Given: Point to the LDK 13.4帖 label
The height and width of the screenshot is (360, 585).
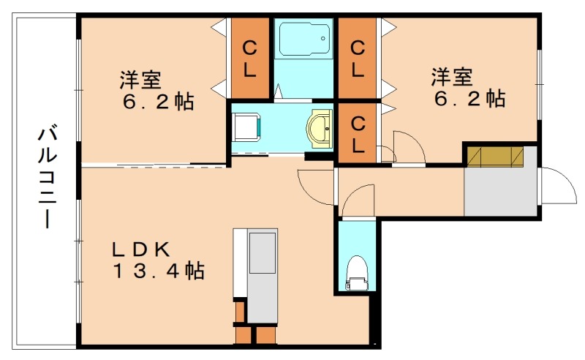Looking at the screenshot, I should pos(157,260).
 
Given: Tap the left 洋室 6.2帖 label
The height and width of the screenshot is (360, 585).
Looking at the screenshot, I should pos(157,90).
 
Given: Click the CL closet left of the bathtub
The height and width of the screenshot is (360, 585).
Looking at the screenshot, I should pos(249,59).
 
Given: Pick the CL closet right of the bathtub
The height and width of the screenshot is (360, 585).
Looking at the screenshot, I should pos(357,59).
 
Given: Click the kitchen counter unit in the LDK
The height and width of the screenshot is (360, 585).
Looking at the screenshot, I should pos(261,274).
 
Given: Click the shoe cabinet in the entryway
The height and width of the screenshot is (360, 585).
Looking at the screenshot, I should pos(496,157).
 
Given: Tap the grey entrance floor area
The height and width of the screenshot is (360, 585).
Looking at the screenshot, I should pos(500,192).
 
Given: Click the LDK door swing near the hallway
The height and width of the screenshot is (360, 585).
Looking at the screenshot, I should pos(316,187).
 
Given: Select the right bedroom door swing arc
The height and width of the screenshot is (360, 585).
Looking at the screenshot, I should pos(408,146).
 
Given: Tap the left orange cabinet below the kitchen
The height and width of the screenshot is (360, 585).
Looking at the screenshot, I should pos(242,334).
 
